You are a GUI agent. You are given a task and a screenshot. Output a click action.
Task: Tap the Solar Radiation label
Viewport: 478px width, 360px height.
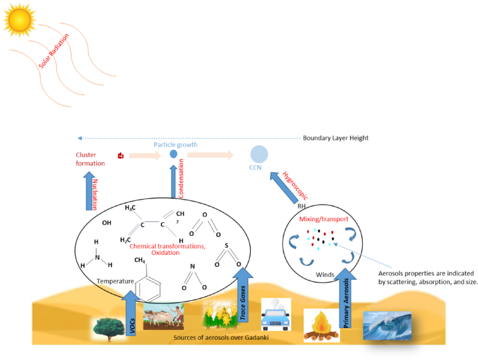pyautogui.click(x=54, y=51)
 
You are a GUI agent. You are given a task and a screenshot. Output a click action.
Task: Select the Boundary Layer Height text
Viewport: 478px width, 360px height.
pyautogui.click(x=335, y=138)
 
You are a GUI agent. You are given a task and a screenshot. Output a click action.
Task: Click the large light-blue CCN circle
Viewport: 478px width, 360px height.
pyautogui.click(x=259, y=155)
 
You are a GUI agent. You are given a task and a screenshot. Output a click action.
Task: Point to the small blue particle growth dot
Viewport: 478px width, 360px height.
pyautogui.click(x=174, y=154)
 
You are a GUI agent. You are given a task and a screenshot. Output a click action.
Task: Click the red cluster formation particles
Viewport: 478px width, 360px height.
pyautogui.click(x=121, y=156)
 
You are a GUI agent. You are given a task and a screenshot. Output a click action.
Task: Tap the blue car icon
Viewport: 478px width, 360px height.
pyautogui.click(x=276, y=314)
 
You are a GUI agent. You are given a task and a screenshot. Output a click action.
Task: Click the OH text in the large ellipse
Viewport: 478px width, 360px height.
pyautogui.click(x=106, y=223)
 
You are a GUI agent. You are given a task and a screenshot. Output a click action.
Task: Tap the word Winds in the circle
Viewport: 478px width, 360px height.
pyautogui.click(x=325, y=275)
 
